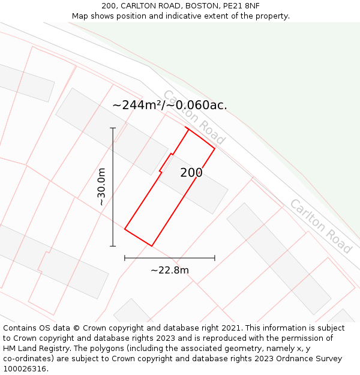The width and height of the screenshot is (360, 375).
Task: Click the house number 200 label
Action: [x=191, y=173]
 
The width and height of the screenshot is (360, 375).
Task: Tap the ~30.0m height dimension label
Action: [x=101, y=187]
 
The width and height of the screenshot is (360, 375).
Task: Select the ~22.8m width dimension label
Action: [x=170, y=270]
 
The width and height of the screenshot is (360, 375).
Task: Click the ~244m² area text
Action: [x=137, y=105]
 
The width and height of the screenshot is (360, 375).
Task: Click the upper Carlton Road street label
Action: [x=194, y=117]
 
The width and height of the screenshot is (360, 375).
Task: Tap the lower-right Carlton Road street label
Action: [x=320, y=226]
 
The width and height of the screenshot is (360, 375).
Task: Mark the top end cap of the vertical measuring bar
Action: [x=113, y=128]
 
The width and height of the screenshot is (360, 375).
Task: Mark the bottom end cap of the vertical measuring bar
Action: [x=113, y=246]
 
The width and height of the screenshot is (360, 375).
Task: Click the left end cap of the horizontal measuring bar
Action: [x=125, y=258]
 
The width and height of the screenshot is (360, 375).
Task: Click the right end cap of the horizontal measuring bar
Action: [x=215, y=258]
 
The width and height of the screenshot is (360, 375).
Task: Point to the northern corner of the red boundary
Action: [x=188, y=129]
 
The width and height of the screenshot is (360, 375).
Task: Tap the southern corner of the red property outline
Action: [x=152, y=246]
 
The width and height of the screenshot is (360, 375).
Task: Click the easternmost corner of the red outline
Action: [x=215, y=148]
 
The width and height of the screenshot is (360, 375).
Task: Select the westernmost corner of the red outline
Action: [x=125, y=229]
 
